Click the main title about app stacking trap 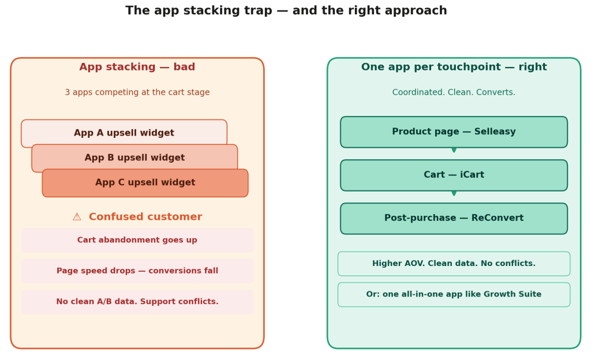click(286, 11)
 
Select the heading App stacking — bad click(137, 67)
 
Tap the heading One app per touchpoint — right click(454, 67)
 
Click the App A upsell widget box click(124, 133)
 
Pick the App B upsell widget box click(134, 157)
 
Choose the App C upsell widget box click(145, 183)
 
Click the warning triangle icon click(77, 217)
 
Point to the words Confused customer click(145, 217)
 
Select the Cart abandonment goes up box click(137, 241)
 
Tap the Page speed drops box click(137, 271)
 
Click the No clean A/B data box click(137, 302)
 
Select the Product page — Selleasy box click(454, 132)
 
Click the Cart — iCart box click(454, 175)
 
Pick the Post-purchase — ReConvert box click(454, 219)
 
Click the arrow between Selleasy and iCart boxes click(454, 151)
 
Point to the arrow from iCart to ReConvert click(454, 194)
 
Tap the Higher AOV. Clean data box click(454, 264)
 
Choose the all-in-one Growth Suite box click(454, 295)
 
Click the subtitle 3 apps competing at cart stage click(137, 93)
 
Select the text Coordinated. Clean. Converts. click(454, 93)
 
